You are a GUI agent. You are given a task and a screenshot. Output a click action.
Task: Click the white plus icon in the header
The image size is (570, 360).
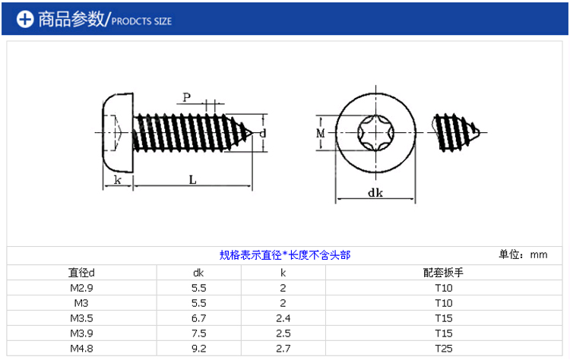tap(25, 19)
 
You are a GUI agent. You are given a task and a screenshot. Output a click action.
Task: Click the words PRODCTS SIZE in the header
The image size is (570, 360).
tap(141, 21)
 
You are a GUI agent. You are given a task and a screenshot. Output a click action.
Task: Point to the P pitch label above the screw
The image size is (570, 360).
tap(186, 97)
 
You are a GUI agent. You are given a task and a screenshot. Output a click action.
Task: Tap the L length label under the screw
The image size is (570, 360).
tap(193, 179)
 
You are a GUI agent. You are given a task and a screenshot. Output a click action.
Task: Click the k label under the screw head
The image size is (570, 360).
tap(117, 179)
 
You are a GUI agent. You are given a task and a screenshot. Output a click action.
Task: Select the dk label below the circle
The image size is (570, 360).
tap(375, 193)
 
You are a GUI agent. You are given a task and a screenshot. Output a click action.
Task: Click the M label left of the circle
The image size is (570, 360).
tap(320, 134)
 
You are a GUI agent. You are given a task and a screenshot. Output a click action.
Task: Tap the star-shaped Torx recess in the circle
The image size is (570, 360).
tap(375, 133)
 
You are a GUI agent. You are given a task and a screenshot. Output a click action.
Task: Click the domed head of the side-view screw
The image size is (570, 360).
tap(117, 133)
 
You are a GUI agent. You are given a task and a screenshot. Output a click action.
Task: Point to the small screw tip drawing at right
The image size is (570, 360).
tap(456, 133)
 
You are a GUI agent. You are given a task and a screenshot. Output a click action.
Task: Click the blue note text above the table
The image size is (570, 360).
tap(285, 255)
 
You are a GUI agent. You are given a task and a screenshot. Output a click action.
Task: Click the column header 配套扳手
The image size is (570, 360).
tap(444, 273)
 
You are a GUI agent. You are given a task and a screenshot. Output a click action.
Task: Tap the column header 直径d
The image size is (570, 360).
tap(81, 273)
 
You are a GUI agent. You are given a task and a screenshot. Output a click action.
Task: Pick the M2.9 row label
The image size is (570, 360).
tap(81, 288)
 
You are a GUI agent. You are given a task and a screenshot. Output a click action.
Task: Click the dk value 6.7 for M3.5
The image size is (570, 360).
tap(199, 318)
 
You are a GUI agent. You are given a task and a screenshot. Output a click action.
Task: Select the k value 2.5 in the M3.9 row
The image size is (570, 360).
tap(283, 333)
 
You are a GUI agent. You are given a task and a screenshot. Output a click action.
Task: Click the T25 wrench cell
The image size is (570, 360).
tap(444, 349)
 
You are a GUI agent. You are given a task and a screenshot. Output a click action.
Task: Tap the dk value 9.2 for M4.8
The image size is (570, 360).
tap(199, 349)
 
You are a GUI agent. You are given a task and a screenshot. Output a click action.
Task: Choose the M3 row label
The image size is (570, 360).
tap(81, 303)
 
